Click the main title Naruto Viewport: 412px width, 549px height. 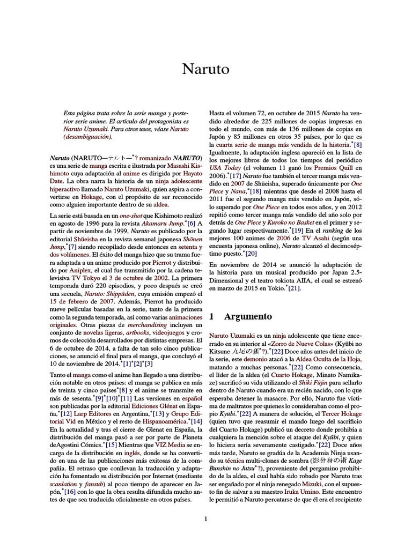(205, 69)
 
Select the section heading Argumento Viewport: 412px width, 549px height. (248, 317)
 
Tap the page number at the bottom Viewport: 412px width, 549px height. (205, 518)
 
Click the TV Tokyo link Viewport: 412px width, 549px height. (86, 279)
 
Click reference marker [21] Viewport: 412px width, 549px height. (294, 288)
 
